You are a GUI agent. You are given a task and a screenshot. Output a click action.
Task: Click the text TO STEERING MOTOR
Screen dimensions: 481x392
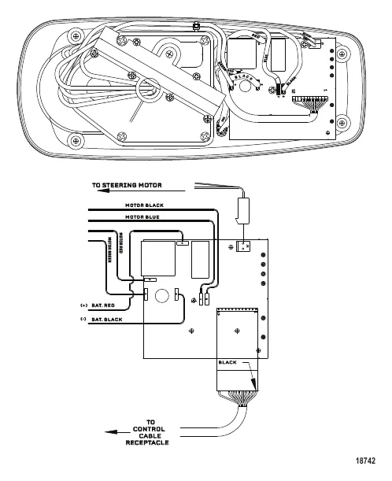tap(126, 187)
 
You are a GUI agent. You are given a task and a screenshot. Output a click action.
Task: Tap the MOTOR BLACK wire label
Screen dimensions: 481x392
tap(143, 205)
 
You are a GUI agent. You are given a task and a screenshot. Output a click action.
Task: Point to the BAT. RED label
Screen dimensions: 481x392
tap(104, 305)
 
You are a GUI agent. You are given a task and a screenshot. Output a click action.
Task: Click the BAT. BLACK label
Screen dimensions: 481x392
tap(107, 320)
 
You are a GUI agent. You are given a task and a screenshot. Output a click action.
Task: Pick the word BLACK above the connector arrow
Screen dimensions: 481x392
tap(227, 362)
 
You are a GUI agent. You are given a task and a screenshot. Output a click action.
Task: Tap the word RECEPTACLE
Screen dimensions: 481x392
tap(147, 445)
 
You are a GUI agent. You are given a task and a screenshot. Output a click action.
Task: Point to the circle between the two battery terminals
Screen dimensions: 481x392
tap(161, 298)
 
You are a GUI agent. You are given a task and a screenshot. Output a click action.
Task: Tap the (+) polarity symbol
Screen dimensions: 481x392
tap(83, 305)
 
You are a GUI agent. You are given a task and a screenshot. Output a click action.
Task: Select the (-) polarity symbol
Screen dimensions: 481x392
tap(83, 320)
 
